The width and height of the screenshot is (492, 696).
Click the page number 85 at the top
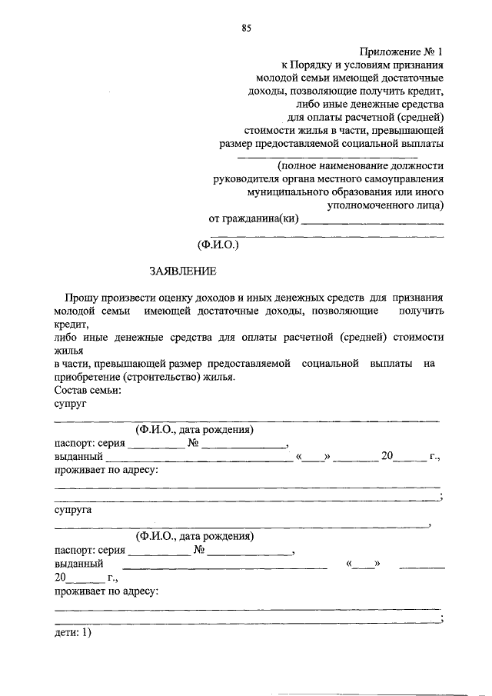[x=246, y=28]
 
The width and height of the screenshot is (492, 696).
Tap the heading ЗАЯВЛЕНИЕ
[x=183, y=270]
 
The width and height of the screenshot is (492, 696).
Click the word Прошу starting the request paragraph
[x=80, y=297]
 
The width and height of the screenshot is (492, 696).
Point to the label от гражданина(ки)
[x=253, y=218]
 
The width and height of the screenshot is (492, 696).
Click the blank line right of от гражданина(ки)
[x=374, y=222]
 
